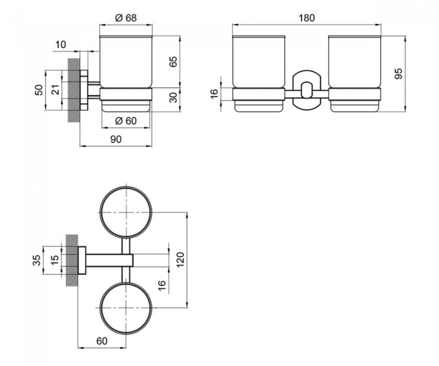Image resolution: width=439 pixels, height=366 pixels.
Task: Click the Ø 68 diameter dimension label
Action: pyautogui.click(x=126, y=18)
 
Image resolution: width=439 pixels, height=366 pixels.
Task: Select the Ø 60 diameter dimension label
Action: pyautogui.click(x=126, y=121)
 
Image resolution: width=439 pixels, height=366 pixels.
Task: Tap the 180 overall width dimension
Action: pyautogui.click(x=307, y=18)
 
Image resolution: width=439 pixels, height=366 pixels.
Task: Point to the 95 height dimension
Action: pyautogui.click(x=398, y=74)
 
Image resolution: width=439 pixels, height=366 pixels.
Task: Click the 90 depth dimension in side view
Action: pyautogui.click(x=116, y=139)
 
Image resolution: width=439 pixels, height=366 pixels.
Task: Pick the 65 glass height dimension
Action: pyautogui.click(x=173, y=61)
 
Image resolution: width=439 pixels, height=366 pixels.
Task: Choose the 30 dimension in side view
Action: pyautogui.click(x=173, y=97)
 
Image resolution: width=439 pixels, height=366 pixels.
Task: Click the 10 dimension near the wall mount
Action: pyautogui.click(x=60, y=44)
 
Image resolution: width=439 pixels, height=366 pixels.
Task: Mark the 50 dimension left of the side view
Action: pyautogui.click(x=39, y=90)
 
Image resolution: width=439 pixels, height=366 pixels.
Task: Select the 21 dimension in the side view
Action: pyautogui.click(x=56, y=90)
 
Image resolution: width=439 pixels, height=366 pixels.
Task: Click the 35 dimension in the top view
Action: pyautogui.click(x=37, y=260)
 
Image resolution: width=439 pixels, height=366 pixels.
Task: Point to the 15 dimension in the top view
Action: pyautogui.click(x=55, y=260)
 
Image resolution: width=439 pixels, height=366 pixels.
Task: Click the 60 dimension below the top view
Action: pyautogui.click(x=102, y=341)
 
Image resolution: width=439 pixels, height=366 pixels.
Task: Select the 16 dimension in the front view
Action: pyautogui.click(x=214, y=93)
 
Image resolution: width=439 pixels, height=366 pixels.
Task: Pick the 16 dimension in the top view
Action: pyautogui.click(x=162, y=285)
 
